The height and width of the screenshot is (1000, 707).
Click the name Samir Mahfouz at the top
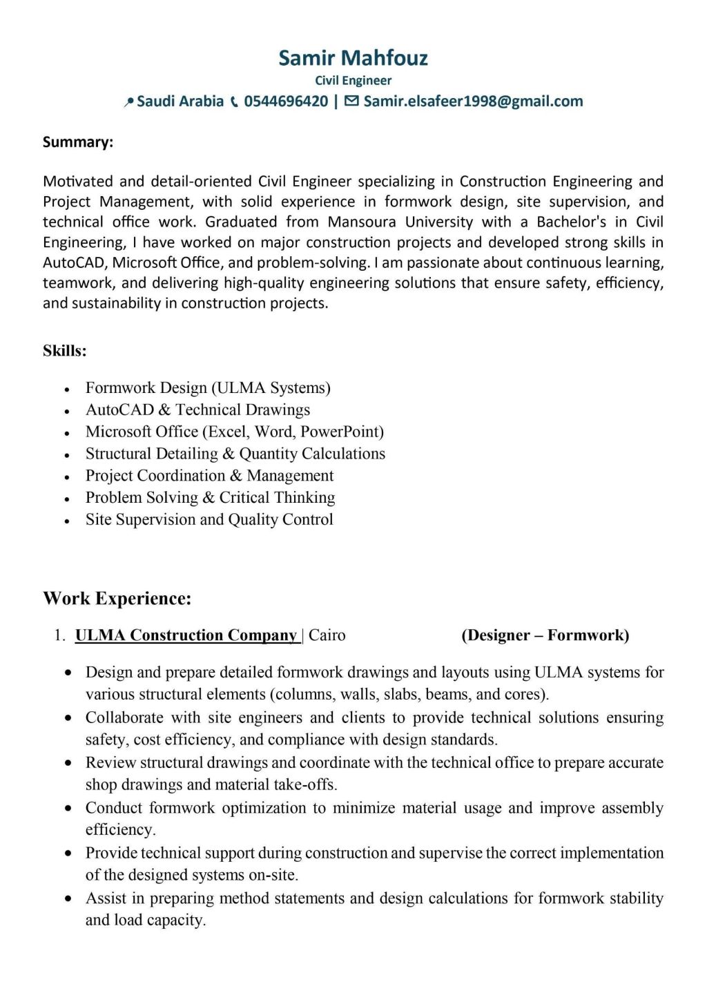[x=353, y=58]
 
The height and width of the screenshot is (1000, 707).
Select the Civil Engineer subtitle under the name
[x=353, y=81]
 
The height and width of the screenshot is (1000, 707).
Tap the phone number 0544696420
[x=286, y=102]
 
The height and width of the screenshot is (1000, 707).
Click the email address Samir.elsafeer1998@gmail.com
[x=473, y=102]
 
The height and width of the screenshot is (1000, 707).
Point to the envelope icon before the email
[x=351, y=102]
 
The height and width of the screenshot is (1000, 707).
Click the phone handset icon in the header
[x=235, y=102]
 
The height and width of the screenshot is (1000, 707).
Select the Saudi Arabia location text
[x=180, y=102]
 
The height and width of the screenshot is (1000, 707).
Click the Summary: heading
[x=78, y=142]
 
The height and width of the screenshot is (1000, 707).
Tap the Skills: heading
[x=65, y=351]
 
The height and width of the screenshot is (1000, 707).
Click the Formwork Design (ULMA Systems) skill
[x=208, y=387]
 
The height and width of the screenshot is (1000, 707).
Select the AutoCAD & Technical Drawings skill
[x=197, y=410]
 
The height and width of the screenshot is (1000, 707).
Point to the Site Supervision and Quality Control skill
[x=209, y=519]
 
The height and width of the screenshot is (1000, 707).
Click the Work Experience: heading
[x=117, y=598]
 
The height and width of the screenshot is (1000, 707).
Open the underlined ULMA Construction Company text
[x=186, y=635]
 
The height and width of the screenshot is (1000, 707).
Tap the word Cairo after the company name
[x=327, y=635]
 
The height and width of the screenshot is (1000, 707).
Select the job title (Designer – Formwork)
[x=545, y=635]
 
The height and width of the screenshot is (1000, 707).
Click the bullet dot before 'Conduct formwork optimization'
[x=68, y=808]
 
